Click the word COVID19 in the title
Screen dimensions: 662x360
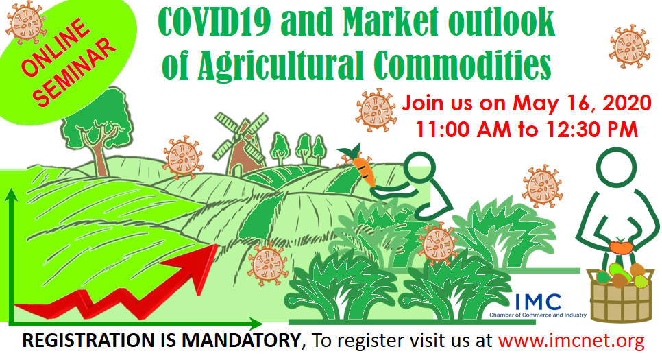click(214, 21)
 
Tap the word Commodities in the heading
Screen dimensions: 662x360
click(463, 64)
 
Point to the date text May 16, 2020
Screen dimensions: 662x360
click(583, 103)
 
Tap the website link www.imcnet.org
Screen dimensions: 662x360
click(572, 340)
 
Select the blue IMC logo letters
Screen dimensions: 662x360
click(538, 302)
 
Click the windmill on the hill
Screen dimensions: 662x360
click(241, 142)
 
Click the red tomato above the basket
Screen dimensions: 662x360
click(621, 246)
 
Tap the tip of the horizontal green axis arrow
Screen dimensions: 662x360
click(262, 324)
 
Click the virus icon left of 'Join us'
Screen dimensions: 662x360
click(376, 110)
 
